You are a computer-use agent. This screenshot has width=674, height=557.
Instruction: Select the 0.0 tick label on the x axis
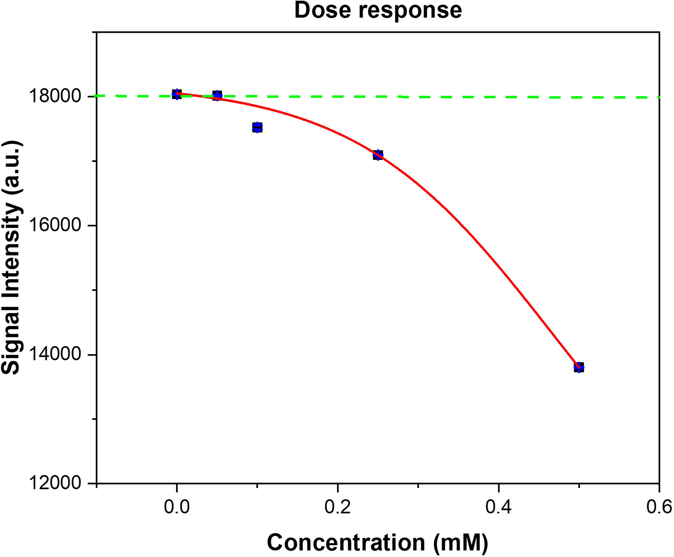pyautogui.click(x=176, y=508)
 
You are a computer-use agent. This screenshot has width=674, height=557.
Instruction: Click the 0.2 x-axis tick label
pyautogui.click(x=337, y=508)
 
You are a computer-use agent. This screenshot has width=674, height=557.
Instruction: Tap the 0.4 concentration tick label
pyautogui.click(x=498, y=508)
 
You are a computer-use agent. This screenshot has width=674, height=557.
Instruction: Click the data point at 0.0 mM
pyautogui.click(x=177, y=94)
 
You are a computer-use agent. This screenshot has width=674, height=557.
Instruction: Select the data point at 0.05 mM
pyautogui.click(x=217, y=95)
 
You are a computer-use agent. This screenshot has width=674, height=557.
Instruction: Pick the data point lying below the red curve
pyautogui.click(x=257, y=127)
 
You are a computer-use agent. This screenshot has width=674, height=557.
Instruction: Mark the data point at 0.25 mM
pyautogui.click(x=378, y=155)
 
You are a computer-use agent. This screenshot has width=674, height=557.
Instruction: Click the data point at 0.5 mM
pyautogui.click(x=579, y=367)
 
